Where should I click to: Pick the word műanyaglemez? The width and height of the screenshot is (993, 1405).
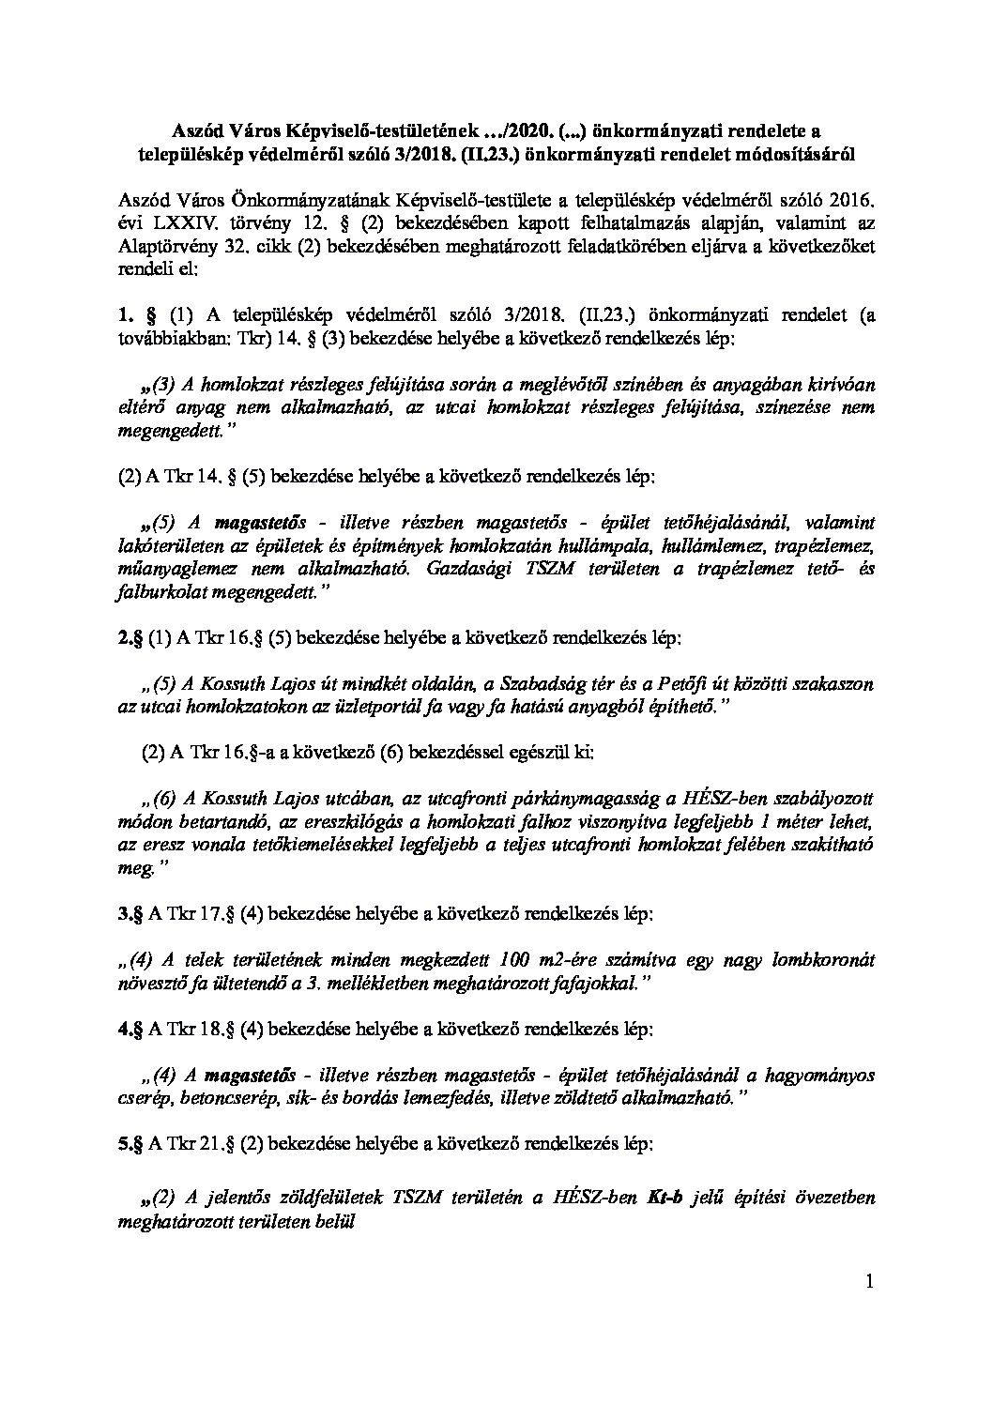click(172, 568)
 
